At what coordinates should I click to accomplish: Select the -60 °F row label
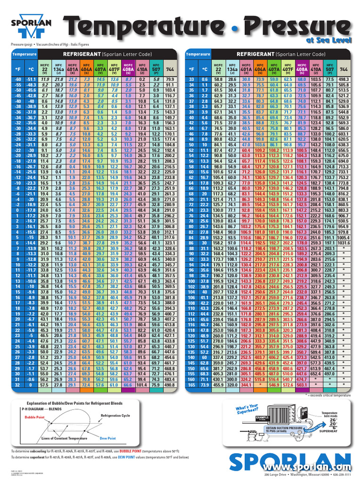coord(18,79)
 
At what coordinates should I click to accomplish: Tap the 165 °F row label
coord(191,385)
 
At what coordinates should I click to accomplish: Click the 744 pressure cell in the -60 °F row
coord(170,79)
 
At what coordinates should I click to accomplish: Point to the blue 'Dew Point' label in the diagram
coord(107,439)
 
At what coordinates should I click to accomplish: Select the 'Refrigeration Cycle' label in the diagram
coord(115,416)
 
